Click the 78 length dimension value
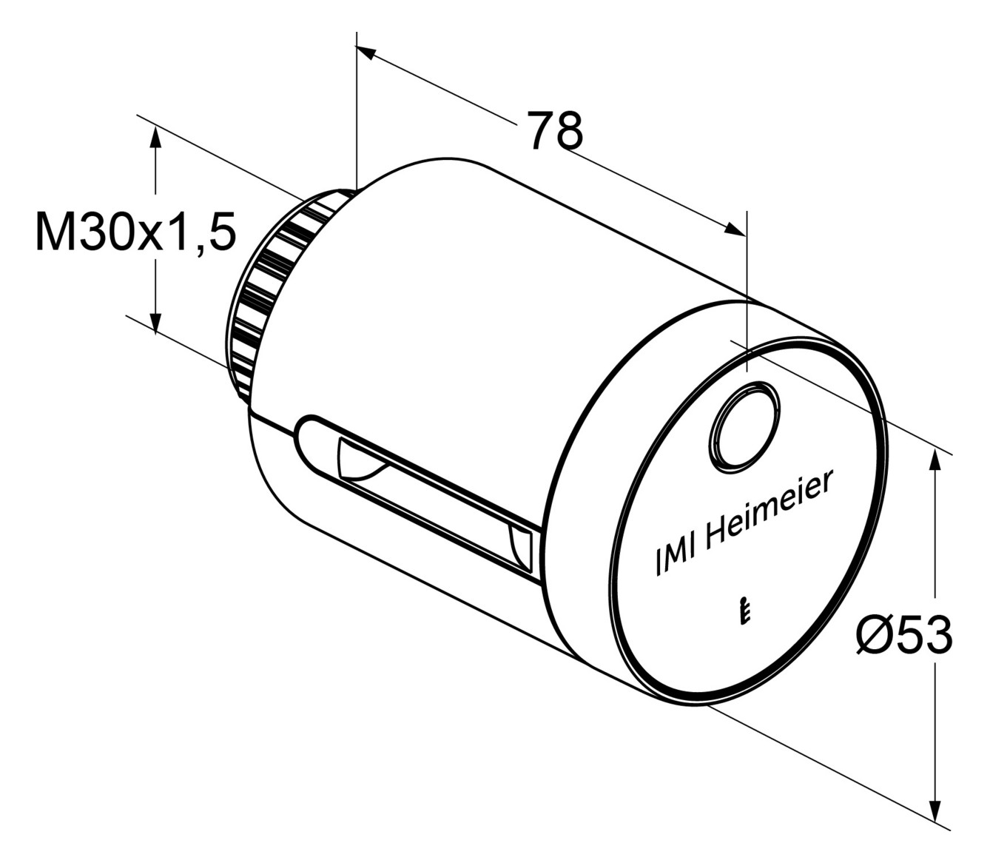(556, 130)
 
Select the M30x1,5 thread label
(136, 232)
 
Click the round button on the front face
(744, 426)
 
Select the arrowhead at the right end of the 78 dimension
(735, 229)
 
